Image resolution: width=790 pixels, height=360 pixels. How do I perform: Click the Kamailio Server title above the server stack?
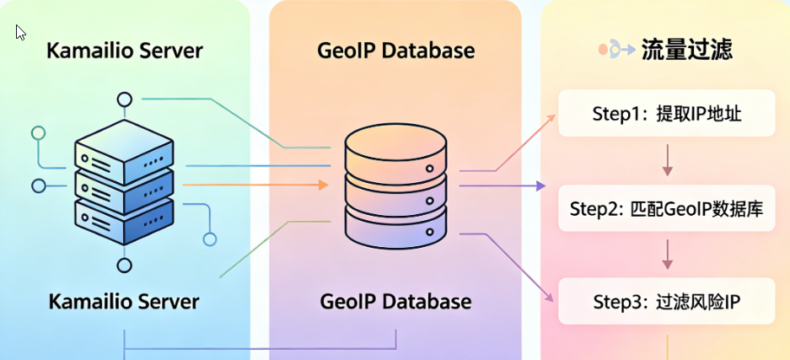[x=125, y=51]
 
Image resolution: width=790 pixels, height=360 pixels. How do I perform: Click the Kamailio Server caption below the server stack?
[x=124, y=301]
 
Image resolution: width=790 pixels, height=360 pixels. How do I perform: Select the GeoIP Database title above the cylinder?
[x=395, y=51]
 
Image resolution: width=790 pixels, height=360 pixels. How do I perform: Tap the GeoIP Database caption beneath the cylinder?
[x=395, y=301]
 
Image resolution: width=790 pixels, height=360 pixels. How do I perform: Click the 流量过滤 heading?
[x=686, y=50]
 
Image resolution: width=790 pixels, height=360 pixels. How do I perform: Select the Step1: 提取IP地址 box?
[x=667, y=114]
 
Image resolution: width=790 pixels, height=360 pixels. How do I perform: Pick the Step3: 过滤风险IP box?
[x=667, y=302]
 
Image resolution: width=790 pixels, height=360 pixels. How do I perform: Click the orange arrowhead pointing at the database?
[x=323, y=185]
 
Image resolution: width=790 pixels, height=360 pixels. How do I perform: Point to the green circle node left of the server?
[x=37, y=132]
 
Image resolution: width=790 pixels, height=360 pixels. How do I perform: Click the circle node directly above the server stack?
[x=125, y=100]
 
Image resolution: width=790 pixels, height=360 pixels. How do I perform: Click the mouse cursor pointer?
[x=20, y=32]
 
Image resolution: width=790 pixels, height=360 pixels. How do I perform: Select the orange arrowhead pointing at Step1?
[x=551, y=116]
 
